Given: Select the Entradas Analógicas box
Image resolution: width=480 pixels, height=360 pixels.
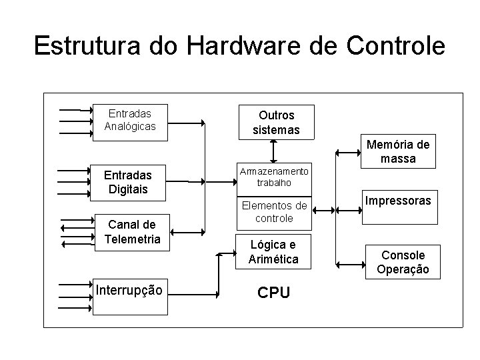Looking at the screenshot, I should pyautogui.click(x=130, y=120).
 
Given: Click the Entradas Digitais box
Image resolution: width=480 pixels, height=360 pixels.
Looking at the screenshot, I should pyautogui.click(x=130, y=182).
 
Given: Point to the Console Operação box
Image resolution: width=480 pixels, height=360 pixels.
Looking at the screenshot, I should pyautogui.click(x=403, y=261).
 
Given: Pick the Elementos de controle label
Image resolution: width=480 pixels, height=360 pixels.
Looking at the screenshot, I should pyautogui.click(x=275, y=212).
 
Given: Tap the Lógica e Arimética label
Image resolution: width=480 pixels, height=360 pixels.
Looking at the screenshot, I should pyautogui.click(x=273, y=252).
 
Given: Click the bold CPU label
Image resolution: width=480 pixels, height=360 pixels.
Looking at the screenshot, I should pyautogui.click(x=273, y=293).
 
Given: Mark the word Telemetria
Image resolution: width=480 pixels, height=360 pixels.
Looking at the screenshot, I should pyautogui.click(x=133, y=239).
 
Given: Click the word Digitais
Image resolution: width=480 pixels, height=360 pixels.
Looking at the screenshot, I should pyautogui.click(x=130, y=189).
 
